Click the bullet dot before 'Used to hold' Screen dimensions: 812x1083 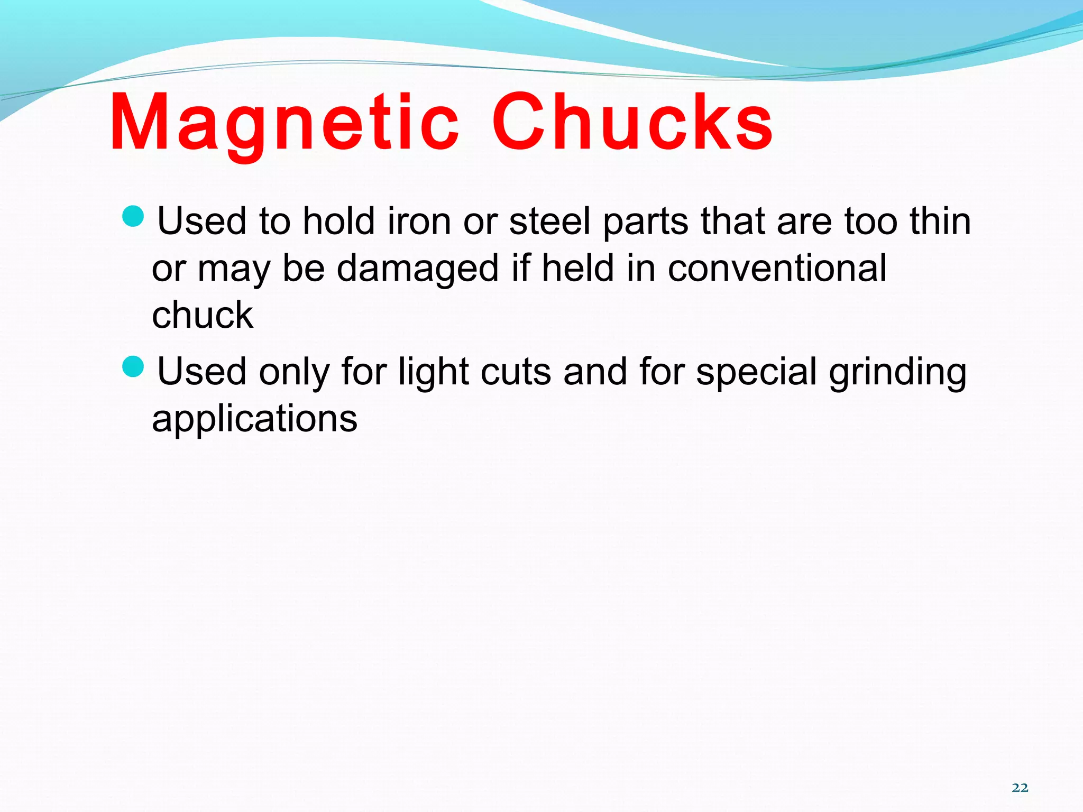pyautogui.click(x=133, y=216)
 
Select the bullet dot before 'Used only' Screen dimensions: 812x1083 pyautogui.click(x=133, y=366)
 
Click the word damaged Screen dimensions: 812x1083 pyautogui.click(x=418, y=269)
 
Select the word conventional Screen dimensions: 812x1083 pyautogui.click(x=777, y=269)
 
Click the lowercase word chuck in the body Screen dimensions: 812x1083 pyautogui.click(x=203, y=316)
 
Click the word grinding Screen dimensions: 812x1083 pyautogui.click(x=897, y=372)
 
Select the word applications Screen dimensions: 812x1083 pyautogui.click(x=254, y=419)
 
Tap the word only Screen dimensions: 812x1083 pyautogui.click(x=294, y=372)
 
